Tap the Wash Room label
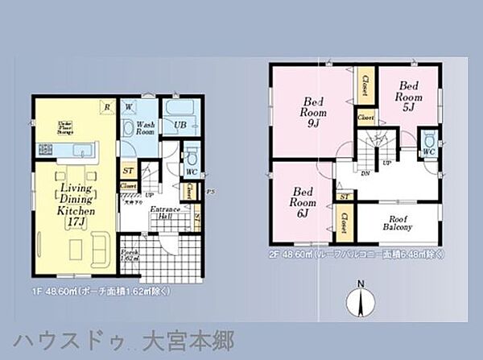click(145, 129)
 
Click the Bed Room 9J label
click(312, 112)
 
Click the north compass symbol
click(361, 301)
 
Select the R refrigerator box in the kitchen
click(105, 106)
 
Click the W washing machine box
click(128, 106)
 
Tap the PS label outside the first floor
click(210, 191)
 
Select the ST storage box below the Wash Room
click(129, 171)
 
